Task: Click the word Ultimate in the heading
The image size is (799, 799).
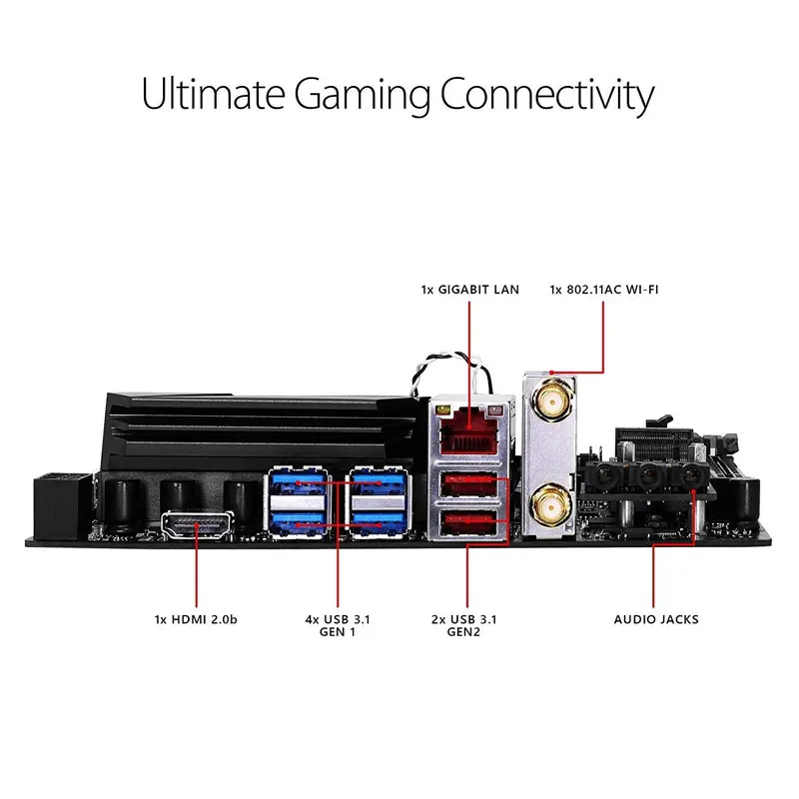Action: (x=212, y=95)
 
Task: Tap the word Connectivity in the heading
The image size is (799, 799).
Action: (x=548, y=95)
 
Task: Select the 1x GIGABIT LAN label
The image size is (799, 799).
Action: (x=469, y=290)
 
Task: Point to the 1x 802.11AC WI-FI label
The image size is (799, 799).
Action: (x=604, y=290)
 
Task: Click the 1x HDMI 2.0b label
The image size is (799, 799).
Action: (x=197, y=619)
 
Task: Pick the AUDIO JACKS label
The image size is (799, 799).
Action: (x=656, y=619)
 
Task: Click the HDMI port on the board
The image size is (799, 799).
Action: (x=196, y=525)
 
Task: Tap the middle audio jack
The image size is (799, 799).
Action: (x=650, y=477)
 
